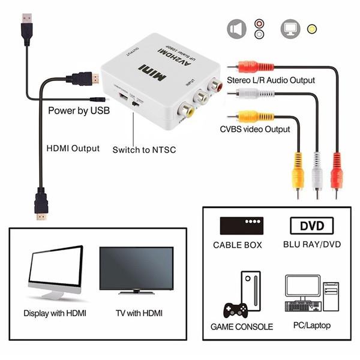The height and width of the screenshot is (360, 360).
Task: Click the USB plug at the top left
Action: tap(27, 28)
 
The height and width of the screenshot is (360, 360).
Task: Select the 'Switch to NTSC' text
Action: tap(144, 149)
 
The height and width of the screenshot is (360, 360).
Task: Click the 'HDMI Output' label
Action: tap(73, 148)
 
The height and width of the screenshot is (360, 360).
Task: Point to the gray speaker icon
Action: tap(236, 29)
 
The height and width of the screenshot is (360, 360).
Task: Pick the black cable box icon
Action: tap(242, 226)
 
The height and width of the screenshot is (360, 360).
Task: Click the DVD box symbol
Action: tap(311, 226)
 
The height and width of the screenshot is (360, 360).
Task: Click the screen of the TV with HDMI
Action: tap(136, 268)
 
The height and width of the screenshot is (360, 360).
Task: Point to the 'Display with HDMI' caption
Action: tap(55, 313)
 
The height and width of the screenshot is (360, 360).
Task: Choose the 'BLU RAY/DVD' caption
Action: tap(311, 245)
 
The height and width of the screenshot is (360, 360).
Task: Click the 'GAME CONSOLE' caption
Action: tap(242, 327)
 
